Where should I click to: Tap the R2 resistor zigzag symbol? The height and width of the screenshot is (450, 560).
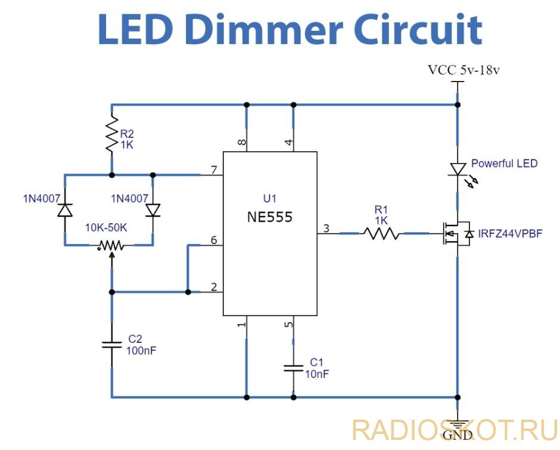[111, 135]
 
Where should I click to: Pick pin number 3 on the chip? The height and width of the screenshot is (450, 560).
[325, 228]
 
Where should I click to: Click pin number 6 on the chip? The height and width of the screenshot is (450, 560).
[213, 240]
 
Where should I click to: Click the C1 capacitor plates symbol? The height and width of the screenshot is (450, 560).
[293, 367]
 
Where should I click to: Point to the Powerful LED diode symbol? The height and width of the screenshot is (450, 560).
[458, 170]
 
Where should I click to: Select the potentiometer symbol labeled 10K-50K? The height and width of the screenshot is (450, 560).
[111, 245]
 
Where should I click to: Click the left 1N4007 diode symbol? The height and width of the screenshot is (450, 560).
[64, 210]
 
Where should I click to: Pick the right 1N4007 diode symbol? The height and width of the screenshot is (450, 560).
[154, 210]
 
